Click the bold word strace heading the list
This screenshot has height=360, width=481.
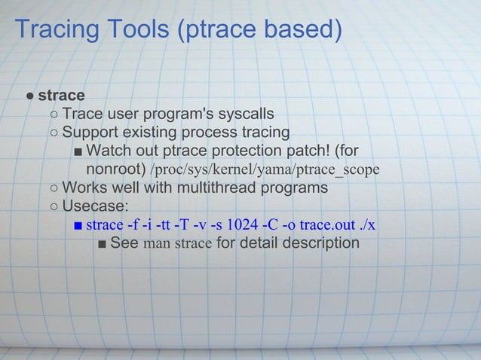pyautogui.click(x=61, y=96)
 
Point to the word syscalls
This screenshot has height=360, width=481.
pyautogui.click(x=246, y=114)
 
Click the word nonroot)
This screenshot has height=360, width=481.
pyautogui.click(x=116, y=169)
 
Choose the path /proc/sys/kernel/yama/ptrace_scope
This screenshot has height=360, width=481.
pyautogui.click(x=265, y=169)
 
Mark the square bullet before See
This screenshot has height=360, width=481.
pyautogui.click(x=103, y=243)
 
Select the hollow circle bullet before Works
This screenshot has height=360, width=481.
pyautogui.click(x=55, y=188)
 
